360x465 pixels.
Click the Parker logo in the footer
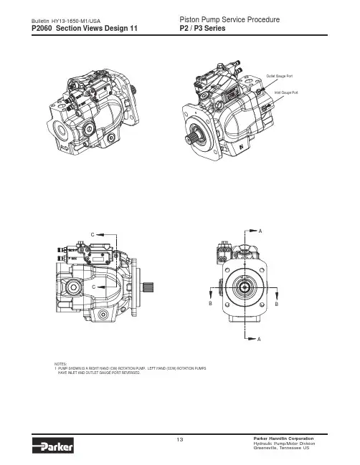coord(52,445)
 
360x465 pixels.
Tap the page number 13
coord(180,439)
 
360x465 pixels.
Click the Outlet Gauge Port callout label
coord(279,76)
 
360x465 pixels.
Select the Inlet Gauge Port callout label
coord(286,93)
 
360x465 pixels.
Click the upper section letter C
coord(93,234)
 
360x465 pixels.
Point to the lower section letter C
coord(94,287)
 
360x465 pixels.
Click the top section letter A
coord(260,231)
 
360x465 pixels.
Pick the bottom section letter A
coord(259,340)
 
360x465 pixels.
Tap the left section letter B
coord(210,304)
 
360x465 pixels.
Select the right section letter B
coord(277,305)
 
